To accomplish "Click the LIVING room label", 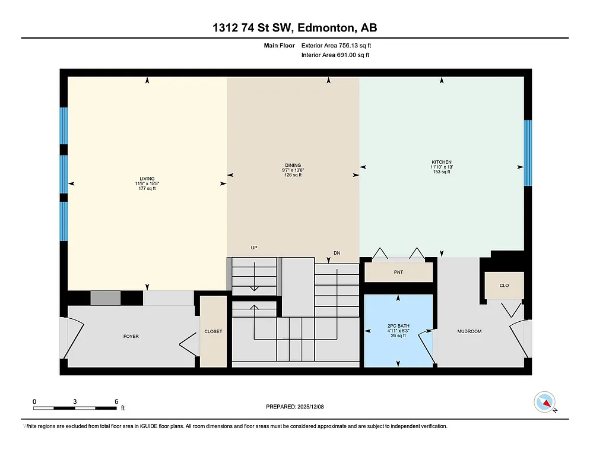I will pyautogui.click(x=147, y=179).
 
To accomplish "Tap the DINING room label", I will pyautogui.click(x=293, y=166).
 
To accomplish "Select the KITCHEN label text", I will pyautogui.click(x=442, y=162).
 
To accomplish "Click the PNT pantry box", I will pyautogui.click(x=398, y=273).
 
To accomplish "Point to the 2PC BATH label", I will pyautogui.click(x=398, y=326).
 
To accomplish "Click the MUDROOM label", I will pyautogui.click(x=468, y=331).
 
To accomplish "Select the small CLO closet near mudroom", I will pyautogui.click(x=504, y=286).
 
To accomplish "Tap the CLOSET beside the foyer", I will pyautogui.click(x=213, y=331).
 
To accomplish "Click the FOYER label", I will pyautogui.click(x=131, y=337).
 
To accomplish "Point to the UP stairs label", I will pyautogui.click(x=254, y=248).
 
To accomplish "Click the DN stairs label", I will pyautogui.click(x=337, y=253).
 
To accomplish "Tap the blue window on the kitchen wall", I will pyautogui.click(x=527, y=153).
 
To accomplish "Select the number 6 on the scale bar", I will pyautogui.click(x=116, y=401).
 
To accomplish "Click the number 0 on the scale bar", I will pyautogui.click(x=34, y=401).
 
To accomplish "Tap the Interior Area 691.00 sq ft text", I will pyautogui.click(x=335, y=55).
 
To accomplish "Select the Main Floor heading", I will pyautogui.click(x=279, y=45).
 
